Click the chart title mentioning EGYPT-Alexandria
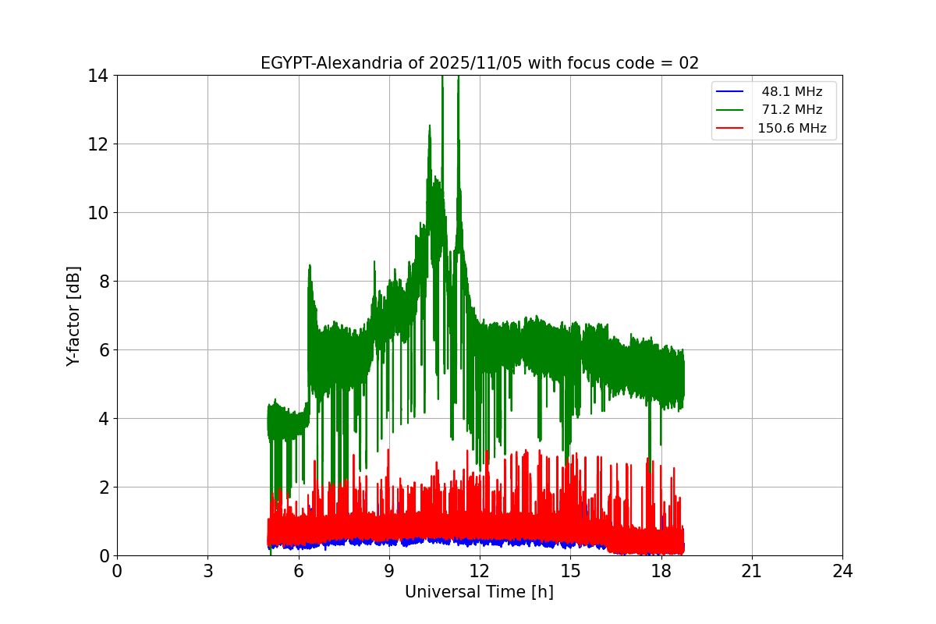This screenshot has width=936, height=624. pyautogui.click(x=479, y=63)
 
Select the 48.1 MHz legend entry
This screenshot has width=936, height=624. pyautogui.click(x=792, y=92)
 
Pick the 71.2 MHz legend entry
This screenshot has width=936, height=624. pyautogui.click(x=792, y=110)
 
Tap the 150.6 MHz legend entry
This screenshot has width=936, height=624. pyautogui.click(x=792, y=129)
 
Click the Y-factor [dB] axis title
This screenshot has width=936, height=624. pyautogui.click(x=73, y=316)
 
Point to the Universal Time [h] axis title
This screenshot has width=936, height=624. pyautogui.click(x=479, y=592)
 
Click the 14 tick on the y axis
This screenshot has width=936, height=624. pyautogui.click(x=98, y=76)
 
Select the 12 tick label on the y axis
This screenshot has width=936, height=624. pyautogui.click(x=98, y=144)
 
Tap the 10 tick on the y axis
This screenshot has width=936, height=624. pyautogui.click(x=98, y=213)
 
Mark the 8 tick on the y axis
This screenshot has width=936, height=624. pyautogui.click(x=103, y=282)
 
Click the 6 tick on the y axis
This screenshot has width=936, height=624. pyautogui.click(x=103, y=350)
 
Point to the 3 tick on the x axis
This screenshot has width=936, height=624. pyautogui.click(x=207, y=571)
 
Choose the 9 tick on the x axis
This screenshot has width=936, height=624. pyautogui.click(x=389, y=571)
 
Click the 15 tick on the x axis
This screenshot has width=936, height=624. pyautogui.click(x=570, y=571)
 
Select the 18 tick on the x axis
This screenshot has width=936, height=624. pyautogui.click(x=661, y=571)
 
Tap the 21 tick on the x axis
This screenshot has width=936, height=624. pyautogui.click(x=751, y=571)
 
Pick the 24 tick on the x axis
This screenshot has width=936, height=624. pyautogui.click(x=842, y=571)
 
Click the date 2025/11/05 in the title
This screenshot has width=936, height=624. pyautogui.click(x=474, y=63)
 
